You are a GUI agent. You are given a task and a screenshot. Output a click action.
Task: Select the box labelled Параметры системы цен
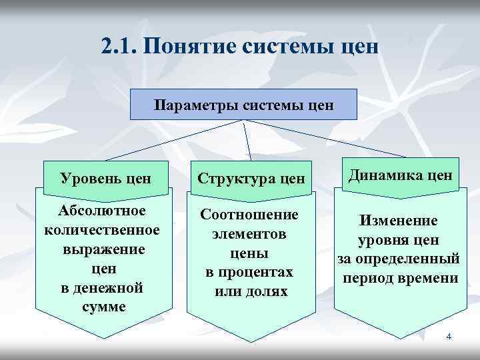pyautogui.click(x=243, y=105)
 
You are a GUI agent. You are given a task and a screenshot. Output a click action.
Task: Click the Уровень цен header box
pyautogui.click(x=105, y=178)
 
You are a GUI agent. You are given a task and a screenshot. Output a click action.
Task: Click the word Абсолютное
pyautogui.click(x=102, y=212)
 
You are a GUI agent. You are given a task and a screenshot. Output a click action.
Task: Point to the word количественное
pyautogui.click(x=102, y=230)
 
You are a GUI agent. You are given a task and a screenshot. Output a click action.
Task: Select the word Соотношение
pyautogui.click(x=250, y=216)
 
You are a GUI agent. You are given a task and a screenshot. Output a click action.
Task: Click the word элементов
pyautogui.click(x=250, y=235)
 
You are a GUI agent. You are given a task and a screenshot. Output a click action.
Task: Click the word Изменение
pyautogui.click(x=399, y=221)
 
